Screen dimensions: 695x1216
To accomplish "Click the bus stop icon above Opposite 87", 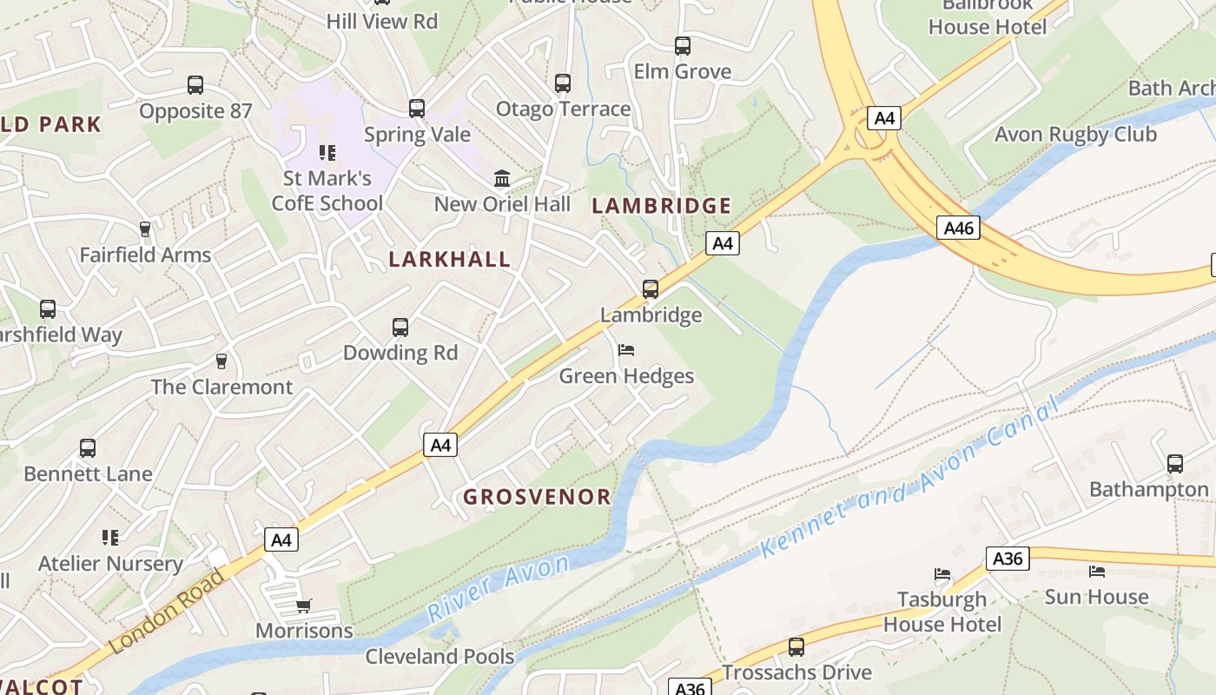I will click(x=195, y=85).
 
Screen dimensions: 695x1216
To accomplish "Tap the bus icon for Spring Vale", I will click(x=417, y=109).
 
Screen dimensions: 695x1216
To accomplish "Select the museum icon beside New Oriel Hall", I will click(x=502, y=178).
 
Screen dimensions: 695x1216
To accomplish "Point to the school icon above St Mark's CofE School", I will click(x=327, y=153).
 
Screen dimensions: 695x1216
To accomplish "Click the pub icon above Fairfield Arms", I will click(x=145, y=229).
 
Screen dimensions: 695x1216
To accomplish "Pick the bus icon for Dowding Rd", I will click(x=400, y=328).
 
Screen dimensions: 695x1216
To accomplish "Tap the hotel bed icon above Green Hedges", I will click(x=626, y=350).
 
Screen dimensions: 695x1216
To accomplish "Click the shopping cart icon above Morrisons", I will click(x=303, y=606).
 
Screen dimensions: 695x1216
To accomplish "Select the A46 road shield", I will click(x=959, y=228).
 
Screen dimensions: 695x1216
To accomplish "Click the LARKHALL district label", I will click(x=449, y=259).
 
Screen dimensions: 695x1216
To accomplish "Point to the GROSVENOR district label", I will click(x=537, y=497).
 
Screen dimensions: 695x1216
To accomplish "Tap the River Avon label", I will click(x=499, y=589).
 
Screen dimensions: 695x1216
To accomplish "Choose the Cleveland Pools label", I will click(x=439, y=656).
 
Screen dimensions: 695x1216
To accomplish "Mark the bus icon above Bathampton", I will click(x=1175, y=464).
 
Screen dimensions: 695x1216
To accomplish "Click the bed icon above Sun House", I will click(x=1097, y=572).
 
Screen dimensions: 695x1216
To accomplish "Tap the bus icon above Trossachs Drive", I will click(x=796, y=647).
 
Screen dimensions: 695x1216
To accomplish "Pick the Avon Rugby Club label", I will click(x=1075, y=135).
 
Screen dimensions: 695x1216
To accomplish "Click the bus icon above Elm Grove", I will click(x=683, y=46).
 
